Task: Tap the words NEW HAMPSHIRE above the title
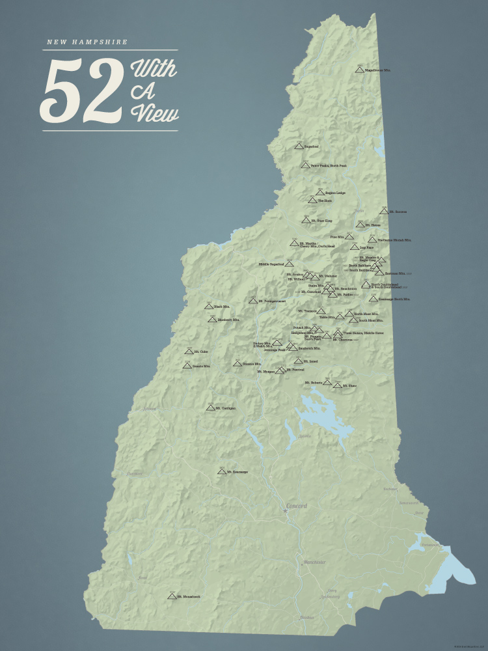click(x=87, y=42)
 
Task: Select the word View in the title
click(x=155, y=113)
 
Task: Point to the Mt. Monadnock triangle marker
click(x=172, y=596)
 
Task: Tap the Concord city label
click(x=296, y=506)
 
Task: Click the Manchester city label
click(x=314, y=562)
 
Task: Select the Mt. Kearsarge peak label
click(x=237, y=472)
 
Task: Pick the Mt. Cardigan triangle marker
click(x=210, y=408)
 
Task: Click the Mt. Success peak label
click(x=398, y=212)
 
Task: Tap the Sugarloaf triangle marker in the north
click(x=299, y=146)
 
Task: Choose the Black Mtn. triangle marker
click(x=209, y=306)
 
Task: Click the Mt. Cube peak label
click(x=201, y=352)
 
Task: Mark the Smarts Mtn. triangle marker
click(x=187, y=366)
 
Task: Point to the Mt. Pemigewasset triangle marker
click(x=252, y=301)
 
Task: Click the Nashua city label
click(x=307, y=617)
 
